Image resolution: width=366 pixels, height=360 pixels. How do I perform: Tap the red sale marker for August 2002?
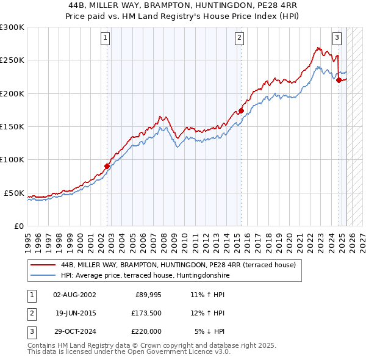point(107,165)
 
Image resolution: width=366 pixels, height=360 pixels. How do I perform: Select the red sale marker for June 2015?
point(241,110)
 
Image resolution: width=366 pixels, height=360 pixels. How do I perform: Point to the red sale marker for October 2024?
point(339,79)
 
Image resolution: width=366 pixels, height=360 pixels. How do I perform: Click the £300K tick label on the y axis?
point(12,27)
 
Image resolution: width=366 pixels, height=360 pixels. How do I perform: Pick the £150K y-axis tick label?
point(12,126)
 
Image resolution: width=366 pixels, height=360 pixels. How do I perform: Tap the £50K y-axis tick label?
point(14,193)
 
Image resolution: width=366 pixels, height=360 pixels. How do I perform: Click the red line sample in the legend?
point(43,265)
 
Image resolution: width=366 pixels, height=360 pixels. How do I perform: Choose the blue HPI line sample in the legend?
point(43,275)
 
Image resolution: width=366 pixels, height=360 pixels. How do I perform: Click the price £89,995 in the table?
point(147,295)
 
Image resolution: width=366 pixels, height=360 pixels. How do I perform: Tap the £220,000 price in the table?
point(146,331)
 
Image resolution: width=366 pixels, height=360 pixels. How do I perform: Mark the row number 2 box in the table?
point(30,313)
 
